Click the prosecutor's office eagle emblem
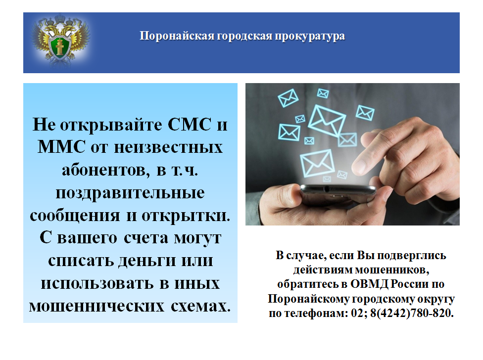(x=60, y=40)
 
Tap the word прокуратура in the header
(x=310, y=36)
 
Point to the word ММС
(x=61, y=147)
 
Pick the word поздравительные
(x=130, y=193)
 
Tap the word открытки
(x=186, y=216)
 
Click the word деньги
(x=147, y=261)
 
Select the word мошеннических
(x=97, y=306)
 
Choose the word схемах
(x=200, y=306)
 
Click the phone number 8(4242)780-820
(x=412, y=313)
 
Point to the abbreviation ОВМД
(x=369, y=284)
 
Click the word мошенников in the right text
(x=392, y=270)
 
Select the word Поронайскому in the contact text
(x=308, y=299)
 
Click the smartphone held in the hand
(x=338, y=194)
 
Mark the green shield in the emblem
(x=60, y=47)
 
